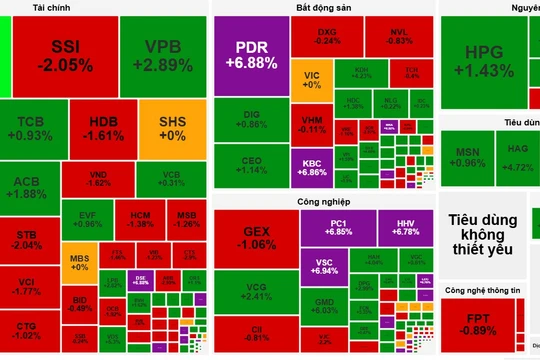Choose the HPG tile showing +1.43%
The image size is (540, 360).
pyautogui.click(x=485, y=62)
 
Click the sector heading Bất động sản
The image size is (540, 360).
pyautogui.click(x=323, y=7)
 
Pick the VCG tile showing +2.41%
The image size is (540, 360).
pyautogui.click(x=256, y=292)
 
